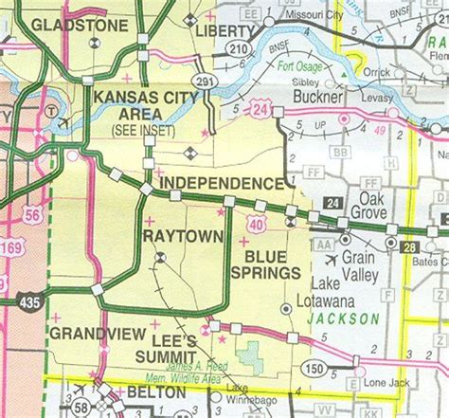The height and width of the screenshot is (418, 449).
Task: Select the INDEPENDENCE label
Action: pyautogui.click(x=222, y=182)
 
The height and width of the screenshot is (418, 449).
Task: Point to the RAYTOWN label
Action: pyautogui.click(x=183, y=234)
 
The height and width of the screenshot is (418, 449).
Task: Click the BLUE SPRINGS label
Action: pyautogui.click(x=272, y=264)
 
